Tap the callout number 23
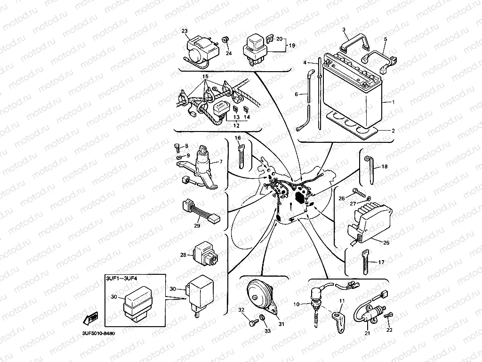184,31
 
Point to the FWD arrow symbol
91,320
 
